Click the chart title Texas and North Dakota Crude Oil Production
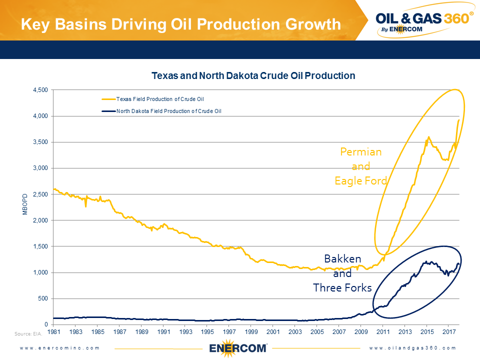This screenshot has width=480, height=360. point(253,76)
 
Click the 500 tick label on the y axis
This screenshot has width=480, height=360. point(43,298)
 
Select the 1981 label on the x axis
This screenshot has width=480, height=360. point(54,331)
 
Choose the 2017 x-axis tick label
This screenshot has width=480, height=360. point(448,331)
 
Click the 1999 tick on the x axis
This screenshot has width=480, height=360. point(251,331)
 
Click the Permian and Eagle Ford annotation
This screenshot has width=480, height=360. point(360,166)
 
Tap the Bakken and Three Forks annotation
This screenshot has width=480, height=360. point(342,273)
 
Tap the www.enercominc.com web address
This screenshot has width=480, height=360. point(59,347)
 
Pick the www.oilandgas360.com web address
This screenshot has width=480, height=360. point(413,347)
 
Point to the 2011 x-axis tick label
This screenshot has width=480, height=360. point(382,331)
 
